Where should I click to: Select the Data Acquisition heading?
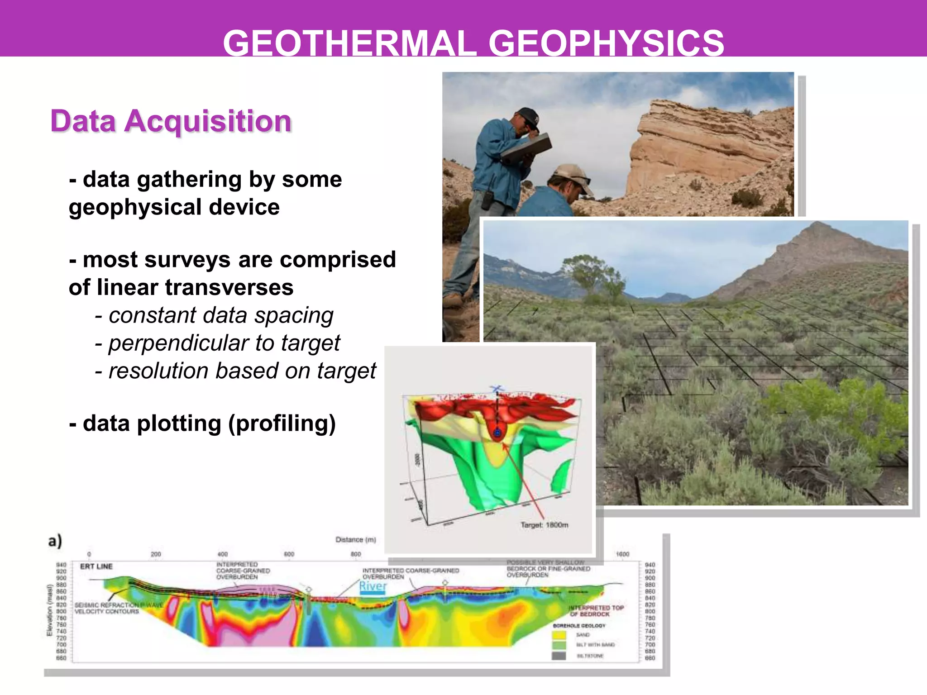(x=171, y=121)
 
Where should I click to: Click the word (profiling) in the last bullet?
(x=282, y=424)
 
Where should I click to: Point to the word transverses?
(x=229, y=287)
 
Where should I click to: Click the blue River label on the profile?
(x=373, y=586)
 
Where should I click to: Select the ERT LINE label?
(x=96, y=566)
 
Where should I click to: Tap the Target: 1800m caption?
(x=544, y=525)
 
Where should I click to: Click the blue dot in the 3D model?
(x=497, y=433)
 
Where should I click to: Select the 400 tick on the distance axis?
(x=222, y=554)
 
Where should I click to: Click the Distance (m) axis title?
(x=356, y=540)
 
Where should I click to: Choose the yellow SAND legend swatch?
(x=559, y=635)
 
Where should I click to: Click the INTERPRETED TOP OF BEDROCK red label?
(x=596, y=611)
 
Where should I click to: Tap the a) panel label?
(x=55, y=541)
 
